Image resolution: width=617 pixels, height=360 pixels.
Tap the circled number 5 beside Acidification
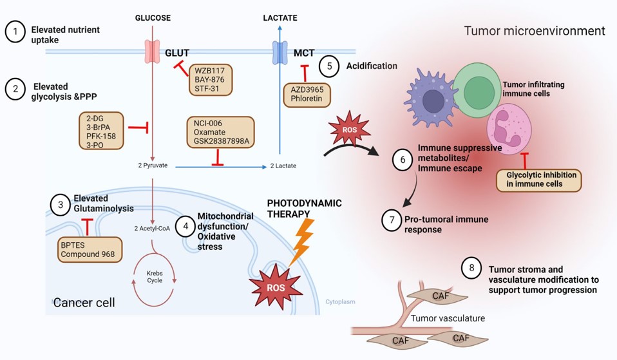(329, 66)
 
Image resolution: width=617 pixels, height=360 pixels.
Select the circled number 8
(471, 269)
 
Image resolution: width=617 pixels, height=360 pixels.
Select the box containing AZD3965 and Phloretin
(307, 95)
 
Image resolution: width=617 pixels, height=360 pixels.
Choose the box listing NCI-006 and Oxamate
(220, 133)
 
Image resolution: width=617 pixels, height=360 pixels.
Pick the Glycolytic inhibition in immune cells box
(538, 180)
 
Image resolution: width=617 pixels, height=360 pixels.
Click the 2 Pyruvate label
(153, 166)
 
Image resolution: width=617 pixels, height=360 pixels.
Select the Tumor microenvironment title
(534, 31)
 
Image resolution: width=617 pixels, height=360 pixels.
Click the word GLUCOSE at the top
(153, 18)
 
